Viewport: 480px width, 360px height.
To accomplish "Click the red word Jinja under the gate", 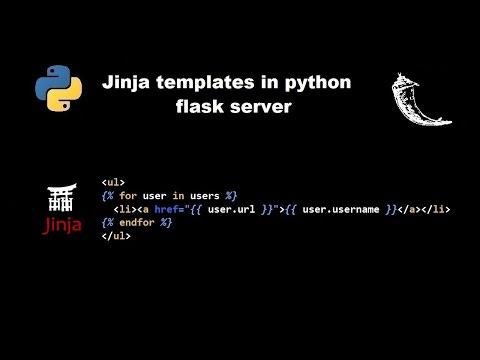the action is click(x=62, y=223).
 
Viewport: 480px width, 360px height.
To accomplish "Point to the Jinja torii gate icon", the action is click(x=62, y=196).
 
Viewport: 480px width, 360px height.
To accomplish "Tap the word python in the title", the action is click(x=321, y=83).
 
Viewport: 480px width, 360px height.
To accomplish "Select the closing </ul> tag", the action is click(x=114, y=236).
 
